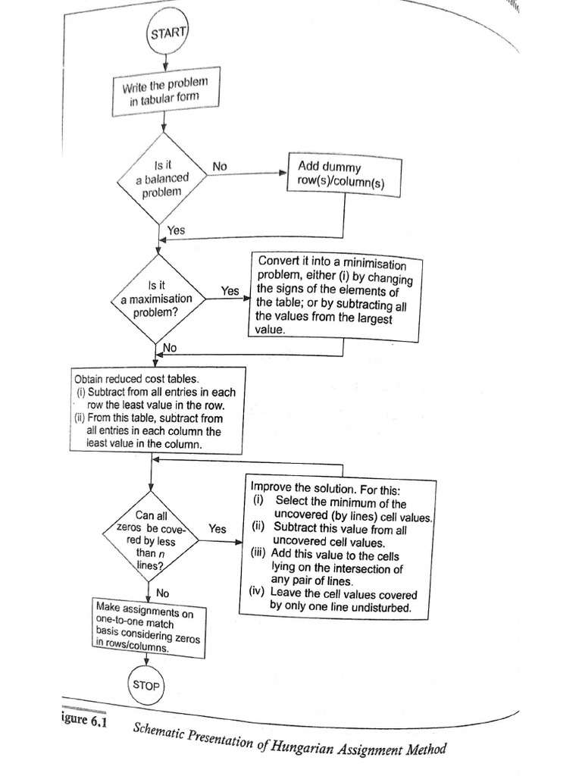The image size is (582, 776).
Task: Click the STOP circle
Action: tap(146, 685)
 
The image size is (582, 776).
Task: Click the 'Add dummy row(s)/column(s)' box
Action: tap(344, 176)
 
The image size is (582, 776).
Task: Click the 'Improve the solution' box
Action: tap(340, 546)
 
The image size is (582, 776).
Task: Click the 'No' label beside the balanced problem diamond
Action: tap(220, 166)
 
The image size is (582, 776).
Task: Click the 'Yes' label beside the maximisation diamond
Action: tap(230, 290)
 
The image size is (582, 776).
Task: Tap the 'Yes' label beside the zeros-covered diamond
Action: tap(217, 529)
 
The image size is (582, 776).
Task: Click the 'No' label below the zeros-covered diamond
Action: tap(162, 592)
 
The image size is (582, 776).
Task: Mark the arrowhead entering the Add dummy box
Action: tap(282, 173)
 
